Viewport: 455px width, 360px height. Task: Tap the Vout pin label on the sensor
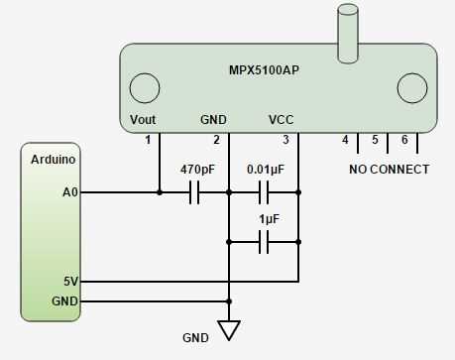144,119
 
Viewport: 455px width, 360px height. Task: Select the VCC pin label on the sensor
281,119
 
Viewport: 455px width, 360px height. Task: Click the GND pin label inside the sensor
213,119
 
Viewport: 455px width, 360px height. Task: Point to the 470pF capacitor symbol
194,192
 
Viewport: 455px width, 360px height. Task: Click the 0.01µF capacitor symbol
264,192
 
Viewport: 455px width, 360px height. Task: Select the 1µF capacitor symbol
264,241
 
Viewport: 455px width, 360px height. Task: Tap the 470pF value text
196,170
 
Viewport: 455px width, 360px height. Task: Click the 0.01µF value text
266,170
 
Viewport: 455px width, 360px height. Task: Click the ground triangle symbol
229,330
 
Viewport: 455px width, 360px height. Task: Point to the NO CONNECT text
390,170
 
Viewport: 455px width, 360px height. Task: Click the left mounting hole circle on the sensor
146,87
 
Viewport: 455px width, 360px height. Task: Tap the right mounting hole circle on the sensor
410,87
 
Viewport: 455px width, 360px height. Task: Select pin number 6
404,140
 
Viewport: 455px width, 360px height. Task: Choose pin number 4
345,140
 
